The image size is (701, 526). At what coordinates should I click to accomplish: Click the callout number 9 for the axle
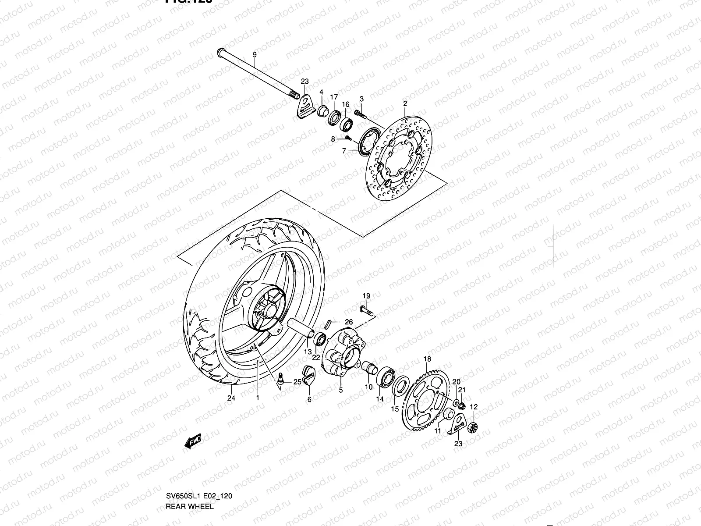pyautogui.click(x=254, y=55)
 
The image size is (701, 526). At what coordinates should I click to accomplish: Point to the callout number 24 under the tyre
pyautogui.click(x=231, y=398)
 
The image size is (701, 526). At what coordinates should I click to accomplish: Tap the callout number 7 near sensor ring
pyautogui.click(x=344, y=151)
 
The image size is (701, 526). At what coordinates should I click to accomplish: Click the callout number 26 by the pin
pyautogui.click(x=348, y=322)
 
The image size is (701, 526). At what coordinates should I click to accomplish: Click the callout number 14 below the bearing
pyautogui.click(x=379, y=399)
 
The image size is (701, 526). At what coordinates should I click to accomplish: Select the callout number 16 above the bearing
pyautogui.click(x=345, y=104)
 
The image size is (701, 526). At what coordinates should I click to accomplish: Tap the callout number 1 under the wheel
pyautogui.click(x=258, y=398)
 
